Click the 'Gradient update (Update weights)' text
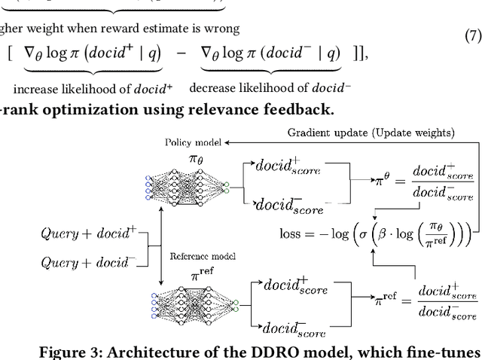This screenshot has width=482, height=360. tap(371, 133)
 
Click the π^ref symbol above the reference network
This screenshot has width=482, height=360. tap(197, 276)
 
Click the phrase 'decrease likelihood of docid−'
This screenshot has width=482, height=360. tap(270, 89)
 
